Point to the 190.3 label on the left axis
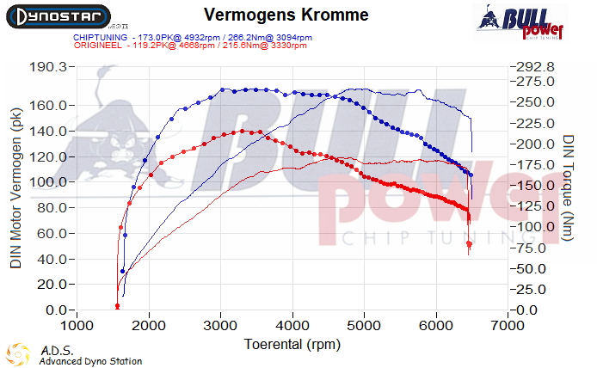point(48,66)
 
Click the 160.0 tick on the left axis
point(48,106)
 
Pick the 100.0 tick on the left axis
point(48,182)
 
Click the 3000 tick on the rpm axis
point(221,327)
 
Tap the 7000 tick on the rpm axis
point(509,327)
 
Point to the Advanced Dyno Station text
point(90,362)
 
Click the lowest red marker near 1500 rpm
point(117,306)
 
